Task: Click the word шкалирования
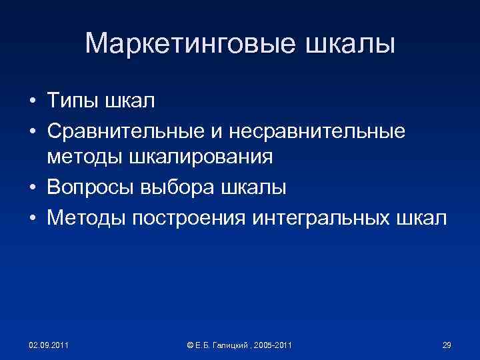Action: [x=199, y=158]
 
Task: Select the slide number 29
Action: [x=447, y=345]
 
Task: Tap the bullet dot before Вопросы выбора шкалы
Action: [x=32, y=188]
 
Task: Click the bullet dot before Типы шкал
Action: [x=32, y=101]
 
